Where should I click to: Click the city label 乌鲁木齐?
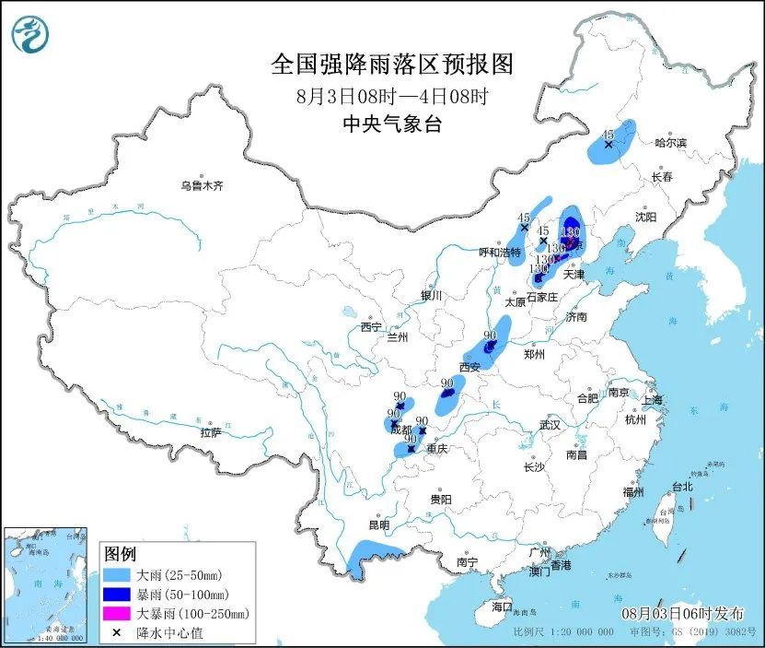(x=202, y=185)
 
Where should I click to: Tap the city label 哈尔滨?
(x=671, y=143)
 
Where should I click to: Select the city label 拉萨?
(x=210, y=432)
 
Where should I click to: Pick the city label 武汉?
(x=551, y=425)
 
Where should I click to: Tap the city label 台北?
(x=682, y=487)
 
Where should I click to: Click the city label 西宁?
(x=371, y=327)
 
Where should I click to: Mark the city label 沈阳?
(x=645, y=217)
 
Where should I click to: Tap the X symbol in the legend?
(x=117, y=632)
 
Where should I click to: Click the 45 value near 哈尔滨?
(x=608, y=133)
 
